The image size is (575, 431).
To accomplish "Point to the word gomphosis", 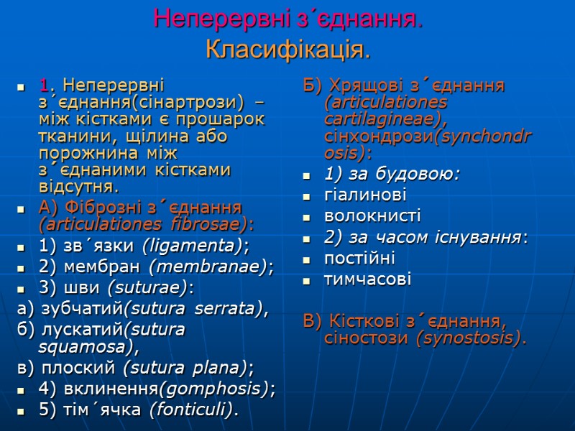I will pyautogui.click(x=216, y=389).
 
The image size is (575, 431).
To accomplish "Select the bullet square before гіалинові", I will pyautogui.click(x=308, y=196).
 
